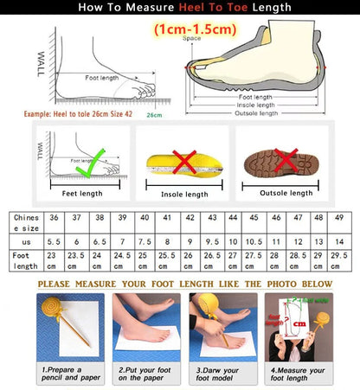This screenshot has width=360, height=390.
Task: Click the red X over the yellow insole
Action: click(183, 161)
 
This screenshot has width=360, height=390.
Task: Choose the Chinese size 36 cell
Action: click(55, 218)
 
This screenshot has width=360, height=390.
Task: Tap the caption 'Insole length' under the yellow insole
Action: click(184, 195)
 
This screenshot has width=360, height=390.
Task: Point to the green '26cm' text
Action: click(155, 114)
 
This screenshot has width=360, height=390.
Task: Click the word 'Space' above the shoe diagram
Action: click(191, 39)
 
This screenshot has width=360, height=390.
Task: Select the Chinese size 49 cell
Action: click(339, 218)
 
